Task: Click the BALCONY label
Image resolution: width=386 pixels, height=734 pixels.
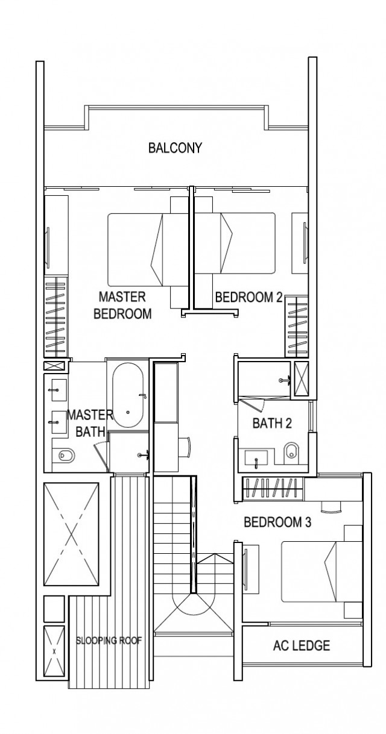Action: click(175, 148)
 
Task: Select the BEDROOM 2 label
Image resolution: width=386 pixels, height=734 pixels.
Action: click(248, 296)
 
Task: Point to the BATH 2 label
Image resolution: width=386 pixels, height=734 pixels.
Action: click(272, 423)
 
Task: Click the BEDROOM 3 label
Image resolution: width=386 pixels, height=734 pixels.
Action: click(277, 522)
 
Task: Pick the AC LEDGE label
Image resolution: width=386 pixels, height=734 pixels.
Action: click(302, 646)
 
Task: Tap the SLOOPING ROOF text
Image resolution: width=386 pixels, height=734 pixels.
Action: click(109, 641)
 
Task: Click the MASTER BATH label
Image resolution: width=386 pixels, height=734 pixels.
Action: click(89, 423)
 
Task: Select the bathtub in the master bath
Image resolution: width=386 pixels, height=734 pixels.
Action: click(128, 395)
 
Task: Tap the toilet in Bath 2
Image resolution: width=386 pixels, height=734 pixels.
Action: click(291, 451)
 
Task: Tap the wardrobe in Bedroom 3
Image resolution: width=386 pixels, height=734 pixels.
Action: click(273, 487)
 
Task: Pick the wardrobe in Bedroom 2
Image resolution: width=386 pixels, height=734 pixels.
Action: click(296, 326)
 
